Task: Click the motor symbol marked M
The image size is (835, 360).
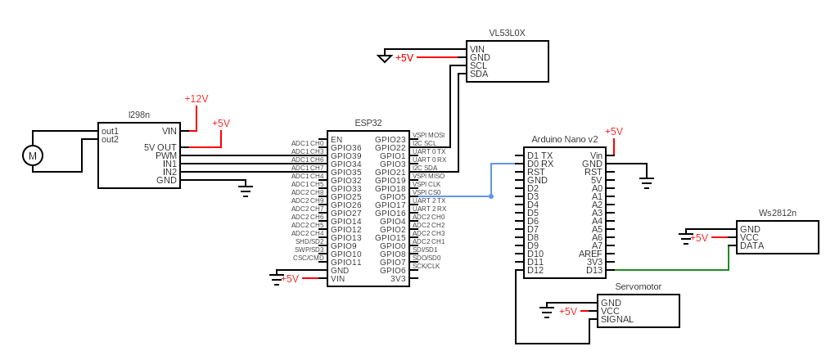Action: pos(33,155)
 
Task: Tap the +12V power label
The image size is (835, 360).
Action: pos(196,99)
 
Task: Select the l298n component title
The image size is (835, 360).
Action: pos(139,115)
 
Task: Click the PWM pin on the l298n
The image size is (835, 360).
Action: pos(166,155)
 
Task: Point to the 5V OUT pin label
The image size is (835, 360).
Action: pos(160,147)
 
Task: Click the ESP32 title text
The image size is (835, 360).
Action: pos(368,123)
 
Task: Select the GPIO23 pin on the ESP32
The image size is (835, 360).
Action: pos(390,139)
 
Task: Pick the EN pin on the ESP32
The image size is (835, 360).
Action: pos(336,139)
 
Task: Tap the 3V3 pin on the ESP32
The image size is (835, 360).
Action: pos(398,278)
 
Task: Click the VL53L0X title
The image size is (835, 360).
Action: pos(507,33)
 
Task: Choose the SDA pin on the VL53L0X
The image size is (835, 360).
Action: pos(479,74)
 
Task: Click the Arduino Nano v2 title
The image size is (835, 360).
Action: pos(565,139)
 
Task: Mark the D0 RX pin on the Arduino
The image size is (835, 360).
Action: pos(540,164)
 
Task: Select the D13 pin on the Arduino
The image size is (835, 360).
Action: pos(594,270)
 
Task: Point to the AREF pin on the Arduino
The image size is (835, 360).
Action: pos(590,254)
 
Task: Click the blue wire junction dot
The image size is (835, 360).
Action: pos(491,196)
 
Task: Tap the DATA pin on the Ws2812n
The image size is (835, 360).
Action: pos(752,245)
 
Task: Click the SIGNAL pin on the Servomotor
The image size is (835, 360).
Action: pos(617,319)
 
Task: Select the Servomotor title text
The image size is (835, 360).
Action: pos(638,286)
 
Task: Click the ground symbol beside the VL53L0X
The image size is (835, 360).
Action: pos(385,58)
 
